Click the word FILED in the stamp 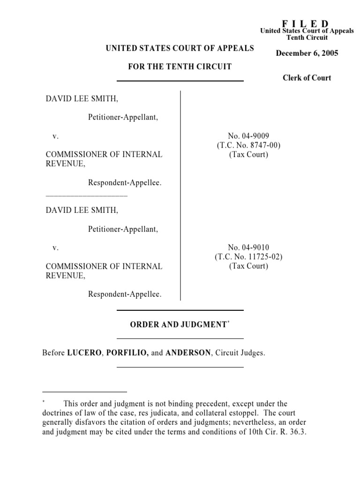(305, 24)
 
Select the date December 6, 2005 (307, 53)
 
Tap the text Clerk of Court (307, 78)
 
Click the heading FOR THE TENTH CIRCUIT (180, 67)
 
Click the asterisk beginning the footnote (44, 402)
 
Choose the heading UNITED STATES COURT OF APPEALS (180, 48)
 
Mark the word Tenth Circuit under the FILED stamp (307, 37)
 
